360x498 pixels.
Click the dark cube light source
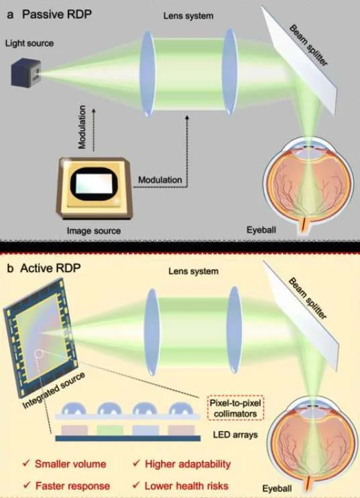pos(26,73)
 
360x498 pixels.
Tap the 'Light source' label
pos(29,43)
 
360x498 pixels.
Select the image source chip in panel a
pos(95,188)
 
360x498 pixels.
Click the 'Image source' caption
pos(94,231)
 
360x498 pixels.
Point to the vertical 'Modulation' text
pos(82,127)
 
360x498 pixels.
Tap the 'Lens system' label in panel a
pos(188,15)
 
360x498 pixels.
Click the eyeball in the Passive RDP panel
pos(308,184)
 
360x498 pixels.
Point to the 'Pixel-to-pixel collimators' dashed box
pos(235,408)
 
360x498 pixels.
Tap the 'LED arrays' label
pos(235,434)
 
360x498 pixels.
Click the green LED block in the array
pos(110,430)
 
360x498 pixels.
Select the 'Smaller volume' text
pos(70,464)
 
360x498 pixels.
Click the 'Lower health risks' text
pos(186,486)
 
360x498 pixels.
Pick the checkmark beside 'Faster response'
pos(27,485)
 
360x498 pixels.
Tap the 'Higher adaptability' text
pos(188,464)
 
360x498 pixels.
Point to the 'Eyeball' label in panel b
pos(277,488)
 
